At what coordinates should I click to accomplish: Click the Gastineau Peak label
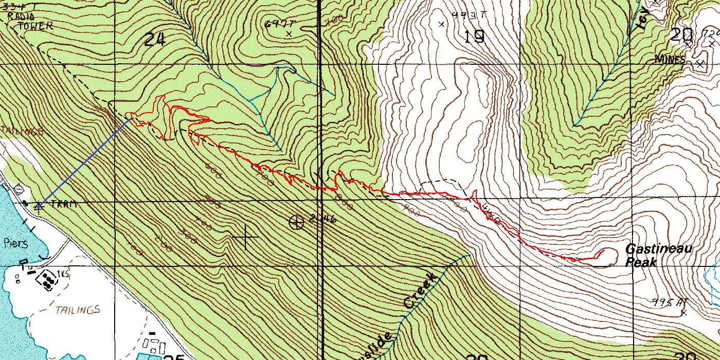coord(658,256)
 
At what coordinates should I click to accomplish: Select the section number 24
coord(154,39)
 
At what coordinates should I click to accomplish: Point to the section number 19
coord(474,37)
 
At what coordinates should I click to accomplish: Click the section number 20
coord(682,35)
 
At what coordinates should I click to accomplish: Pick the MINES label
coord(670,60)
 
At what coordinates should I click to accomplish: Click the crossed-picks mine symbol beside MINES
coord(700,63)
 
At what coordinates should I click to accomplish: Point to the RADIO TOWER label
coord(29,21)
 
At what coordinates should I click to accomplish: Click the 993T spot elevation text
coord(469,15)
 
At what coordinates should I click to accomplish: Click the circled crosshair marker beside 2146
coord(297,222)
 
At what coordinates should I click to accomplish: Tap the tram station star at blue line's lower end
coord(38,206)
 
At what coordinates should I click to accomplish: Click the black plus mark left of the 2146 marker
coord(245,237)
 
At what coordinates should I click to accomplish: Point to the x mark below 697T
coord(289,33)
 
